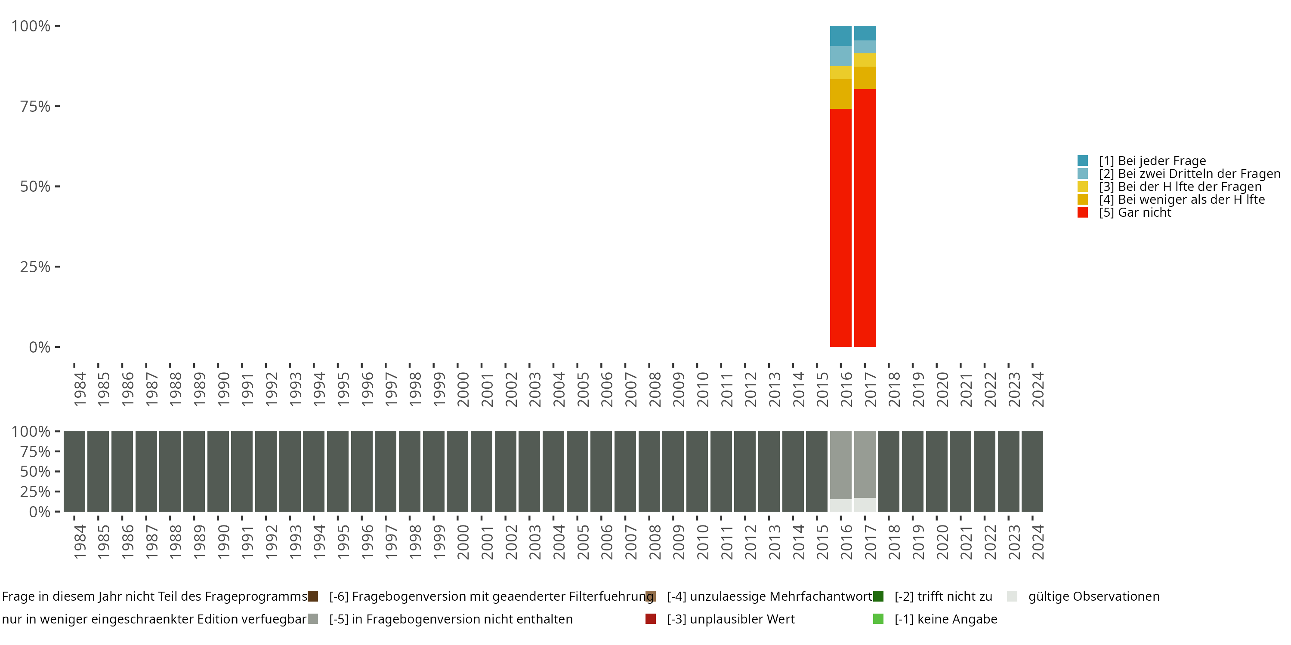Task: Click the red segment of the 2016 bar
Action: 840,228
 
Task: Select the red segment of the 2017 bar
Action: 865,218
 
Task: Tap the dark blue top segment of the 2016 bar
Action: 840,36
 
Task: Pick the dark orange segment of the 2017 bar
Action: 865,78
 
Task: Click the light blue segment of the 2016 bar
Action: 840,56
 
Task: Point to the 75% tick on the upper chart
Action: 57,106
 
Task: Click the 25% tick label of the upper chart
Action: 35,267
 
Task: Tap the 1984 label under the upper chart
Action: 80,389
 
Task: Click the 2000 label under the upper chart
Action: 463,389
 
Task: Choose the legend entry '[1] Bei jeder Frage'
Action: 1152,161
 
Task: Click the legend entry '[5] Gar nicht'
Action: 1135,213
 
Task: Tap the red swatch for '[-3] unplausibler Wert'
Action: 651,619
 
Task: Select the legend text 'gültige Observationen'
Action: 1093,596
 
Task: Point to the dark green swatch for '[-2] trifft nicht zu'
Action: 878,596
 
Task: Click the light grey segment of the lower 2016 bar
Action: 840,505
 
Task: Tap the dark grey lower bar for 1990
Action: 218,471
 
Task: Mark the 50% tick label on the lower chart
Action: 35,472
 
